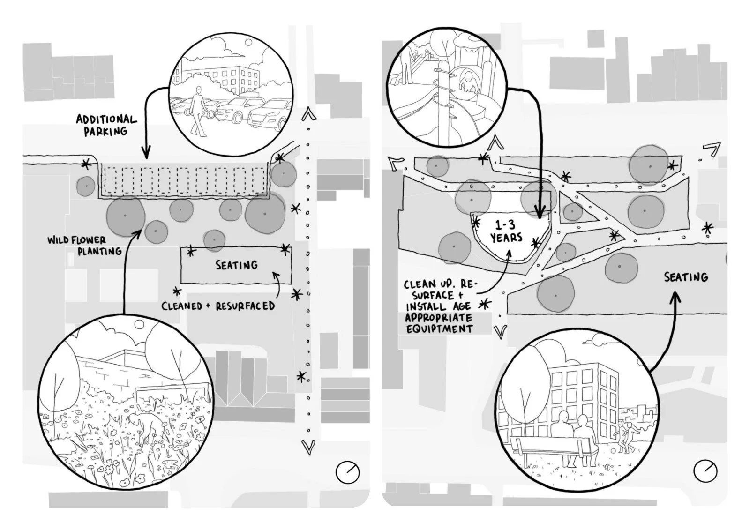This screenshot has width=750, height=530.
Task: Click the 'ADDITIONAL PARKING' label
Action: click(106, 125)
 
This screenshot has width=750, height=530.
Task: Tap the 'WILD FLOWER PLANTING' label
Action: click(84, 246)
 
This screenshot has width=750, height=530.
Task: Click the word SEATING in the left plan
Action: click(236, 265)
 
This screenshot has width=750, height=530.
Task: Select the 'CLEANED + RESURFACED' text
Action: click(218, 306)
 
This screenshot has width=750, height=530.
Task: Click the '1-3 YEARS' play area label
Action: click(506, 231)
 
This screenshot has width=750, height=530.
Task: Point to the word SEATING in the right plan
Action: click(685, 277)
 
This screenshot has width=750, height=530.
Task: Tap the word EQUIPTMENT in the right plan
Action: click(439, 328)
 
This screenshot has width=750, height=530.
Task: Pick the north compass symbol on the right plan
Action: click(705, 471)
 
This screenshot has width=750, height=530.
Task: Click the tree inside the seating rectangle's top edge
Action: click(214, 240)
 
